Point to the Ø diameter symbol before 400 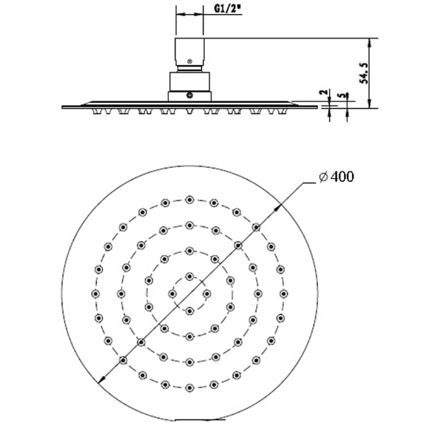click(323, 177)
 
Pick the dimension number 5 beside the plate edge click(340, 96)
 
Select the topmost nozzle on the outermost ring click(190, 199)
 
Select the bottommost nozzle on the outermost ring click(190, 388)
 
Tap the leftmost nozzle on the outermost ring click(95, 294)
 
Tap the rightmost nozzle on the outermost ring click(285, 294)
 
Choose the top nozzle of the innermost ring click(190, 277)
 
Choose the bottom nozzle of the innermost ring click(190, 310)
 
